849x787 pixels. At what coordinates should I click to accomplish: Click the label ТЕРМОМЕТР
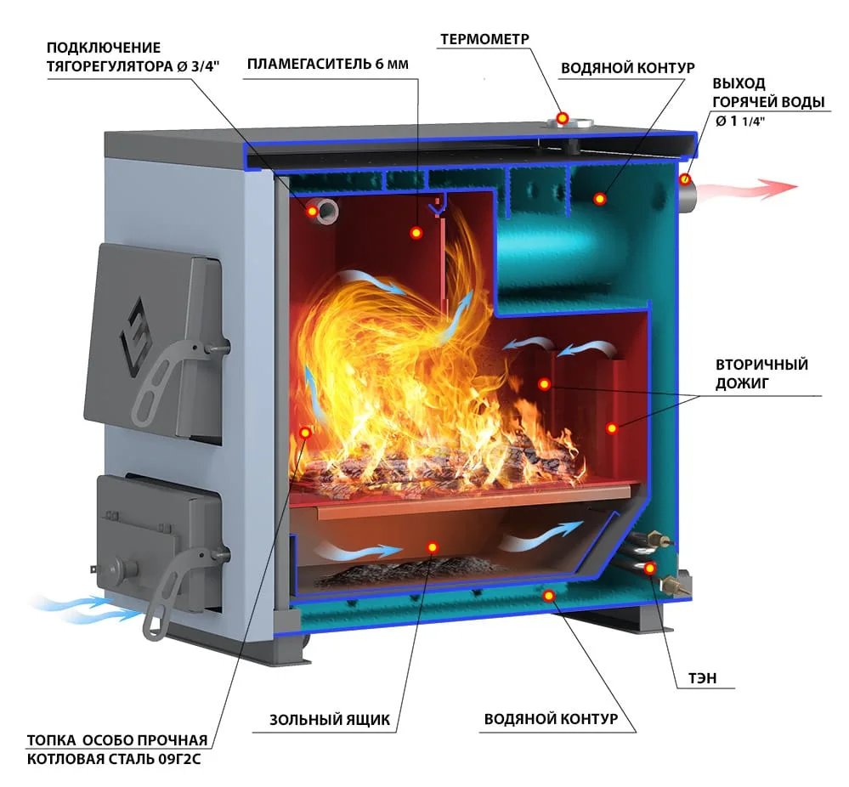484,39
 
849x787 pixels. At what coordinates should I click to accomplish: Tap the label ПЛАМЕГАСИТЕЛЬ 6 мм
327,64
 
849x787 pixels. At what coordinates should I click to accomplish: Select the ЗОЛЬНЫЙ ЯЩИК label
330,720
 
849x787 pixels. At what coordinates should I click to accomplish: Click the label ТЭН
702,678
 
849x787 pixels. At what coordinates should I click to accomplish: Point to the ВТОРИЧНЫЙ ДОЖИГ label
761,374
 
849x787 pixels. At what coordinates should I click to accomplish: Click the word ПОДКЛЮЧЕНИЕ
104,48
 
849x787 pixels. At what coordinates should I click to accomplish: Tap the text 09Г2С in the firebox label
179,759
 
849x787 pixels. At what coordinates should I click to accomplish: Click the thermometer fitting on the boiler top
569,122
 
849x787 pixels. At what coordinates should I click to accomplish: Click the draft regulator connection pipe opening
325,210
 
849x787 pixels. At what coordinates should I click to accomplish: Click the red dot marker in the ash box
432,547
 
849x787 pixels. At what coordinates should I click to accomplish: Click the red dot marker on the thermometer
563,117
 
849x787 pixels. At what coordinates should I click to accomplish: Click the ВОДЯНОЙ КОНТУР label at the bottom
551,719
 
